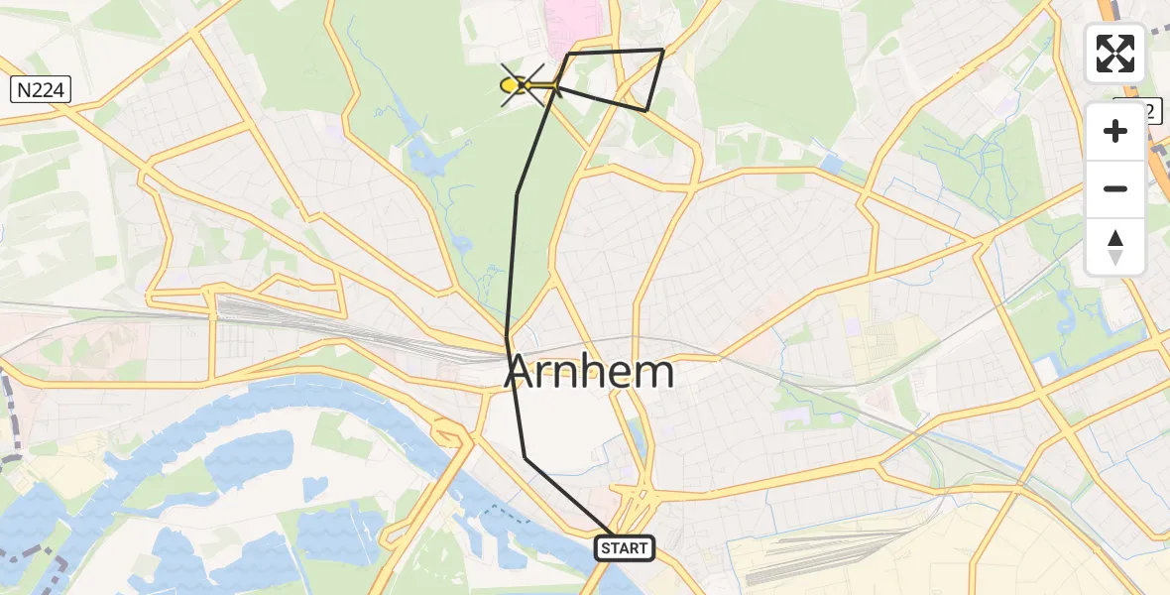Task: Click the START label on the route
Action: (625, 547)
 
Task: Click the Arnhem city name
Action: (590, 373)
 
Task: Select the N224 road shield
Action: (40, 91)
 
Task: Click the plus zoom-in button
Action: (1115, 131)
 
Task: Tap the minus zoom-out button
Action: (1115, 188)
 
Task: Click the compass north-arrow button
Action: (1115, 246)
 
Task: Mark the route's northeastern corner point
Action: (662, 50)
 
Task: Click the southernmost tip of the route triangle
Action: (645, 111)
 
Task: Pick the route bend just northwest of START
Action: (526, 457)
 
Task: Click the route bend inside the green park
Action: (517, 194)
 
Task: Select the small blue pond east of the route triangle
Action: (830, 163)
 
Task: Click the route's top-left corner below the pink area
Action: (568, 54)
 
